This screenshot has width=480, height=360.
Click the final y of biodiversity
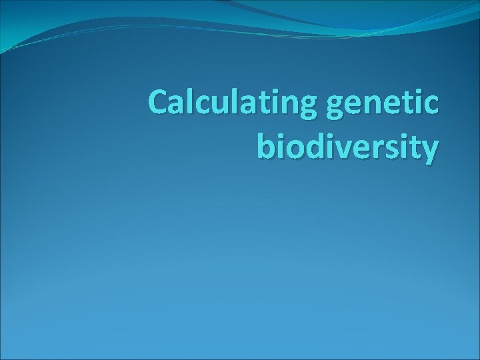(x=429, y=150)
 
